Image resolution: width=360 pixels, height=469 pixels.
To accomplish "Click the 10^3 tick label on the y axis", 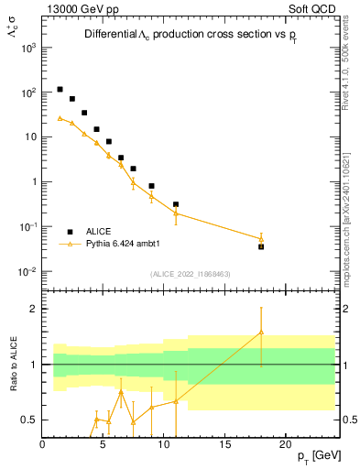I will coord(28,48).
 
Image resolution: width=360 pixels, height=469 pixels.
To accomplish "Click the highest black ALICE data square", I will coord(60,90).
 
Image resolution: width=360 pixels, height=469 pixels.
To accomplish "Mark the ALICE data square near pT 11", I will coord(176,204).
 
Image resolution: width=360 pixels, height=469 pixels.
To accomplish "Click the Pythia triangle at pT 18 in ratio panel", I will coord(261,333).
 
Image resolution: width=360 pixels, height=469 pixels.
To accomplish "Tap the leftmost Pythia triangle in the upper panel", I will coord(60,117).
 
